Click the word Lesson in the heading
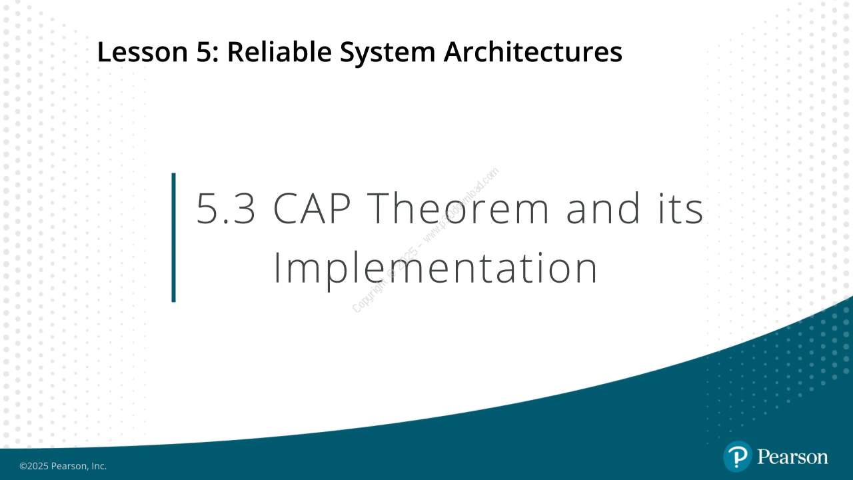pos(143,52)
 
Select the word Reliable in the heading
pos(279,52)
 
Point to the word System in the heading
pos(388,53)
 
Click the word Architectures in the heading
pos(533,52)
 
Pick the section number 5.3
pos(226,208)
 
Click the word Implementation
pos(436,269)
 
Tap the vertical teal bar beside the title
pos(174,237)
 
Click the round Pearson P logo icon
pos(738,457)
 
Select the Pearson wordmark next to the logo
pos(793,457)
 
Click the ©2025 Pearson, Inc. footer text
pos(63,466)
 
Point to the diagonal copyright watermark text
pos(425,240)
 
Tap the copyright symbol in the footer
pos(23,466)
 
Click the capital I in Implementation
pos(277,268)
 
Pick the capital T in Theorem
pos(381,208)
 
